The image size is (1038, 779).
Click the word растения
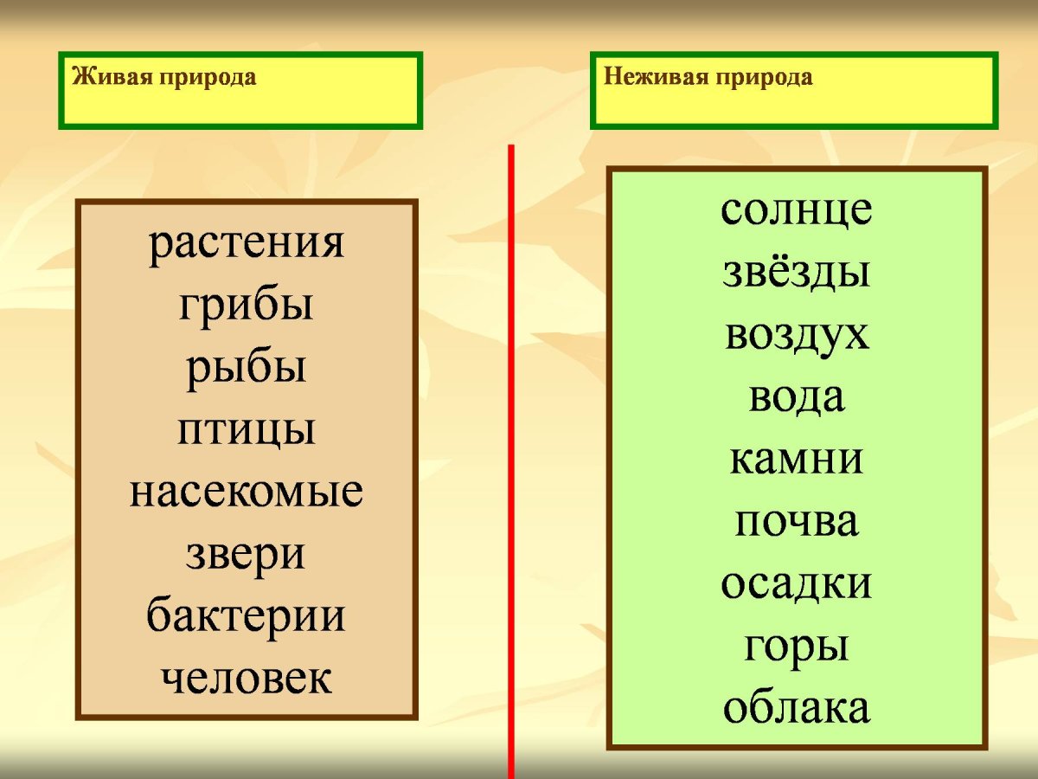[247, 246]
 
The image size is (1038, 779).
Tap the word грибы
[247, 307]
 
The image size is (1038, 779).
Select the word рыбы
[247, 370]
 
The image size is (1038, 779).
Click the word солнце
[797, 210]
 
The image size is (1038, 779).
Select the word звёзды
[797, 273]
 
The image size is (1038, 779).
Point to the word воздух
[797, 335]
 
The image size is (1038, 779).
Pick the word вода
[797, 397]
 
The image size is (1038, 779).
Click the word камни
[797, 460]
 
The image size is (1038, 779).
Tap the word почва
[797, 522]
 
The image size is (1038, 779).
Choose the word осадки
[797, 584]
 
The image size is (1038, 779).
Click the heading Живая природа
[164, 77]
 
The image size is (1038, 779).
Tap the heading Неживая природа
[708, 77]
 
